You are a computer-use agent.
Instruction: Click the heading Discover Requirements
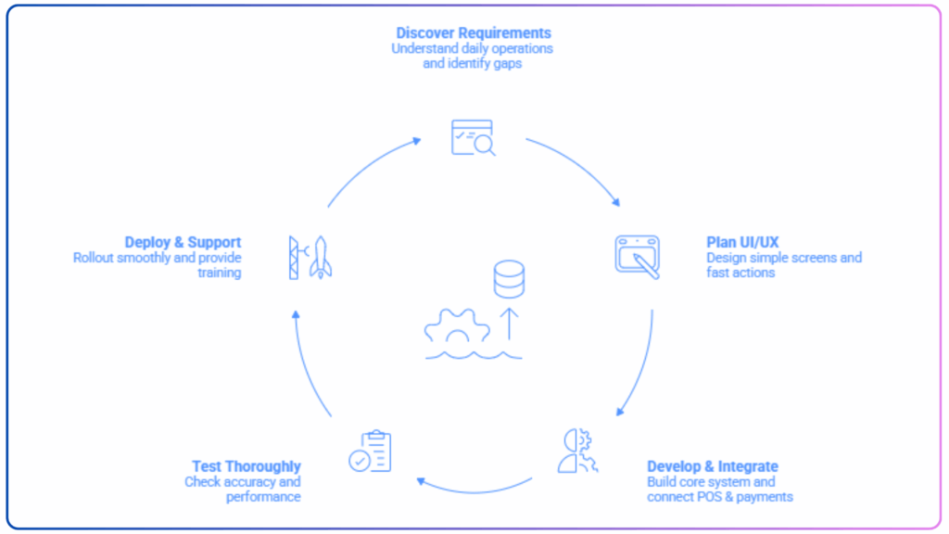[474, 33]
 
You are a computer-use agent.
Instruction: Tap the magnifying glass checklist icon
[473, 137]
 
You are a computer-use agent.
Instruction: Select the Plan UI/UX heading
[742, 243]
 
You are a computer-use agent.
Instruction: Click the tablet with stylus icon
[638, 256]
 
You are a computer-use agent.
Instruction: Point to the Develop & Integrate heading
[712, 466]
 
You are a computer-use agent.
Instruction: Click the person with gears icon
[577, 451]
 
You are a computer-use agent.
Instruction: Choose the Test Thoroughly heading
[247, 466]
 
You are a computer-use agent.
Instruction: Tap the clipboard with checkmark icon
[370, 451]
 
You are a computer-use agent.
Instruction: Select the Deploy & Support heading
[183, 243]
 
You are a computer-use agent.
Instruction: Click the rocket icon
[321, 258]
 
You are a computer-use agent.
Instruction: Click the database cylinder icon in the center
[509, 278]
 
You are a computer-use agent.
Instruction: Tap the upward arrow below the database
[509, 324]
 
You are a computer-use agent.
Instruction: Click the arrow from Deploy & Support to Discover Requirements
[371, 167]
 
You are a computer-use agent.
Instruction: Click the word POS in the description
[706, 497]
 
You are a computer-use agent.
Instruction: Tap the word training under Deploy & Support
[219, 273]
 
